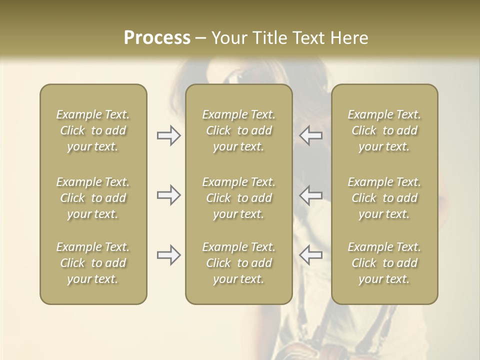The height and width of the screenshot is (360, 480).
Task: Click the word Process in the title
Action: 157,38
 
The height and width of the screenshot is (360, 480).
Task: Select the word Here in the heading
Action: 349,38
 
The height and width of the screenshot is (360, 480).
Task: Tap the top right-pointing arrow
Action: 168,135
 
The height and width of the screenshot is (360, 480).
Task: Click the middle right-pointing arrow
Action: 168,195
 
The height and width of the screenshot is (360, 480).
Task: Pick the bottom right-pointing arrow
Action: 168,255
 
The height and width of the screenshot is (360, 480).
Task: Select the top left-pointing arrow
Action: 311,135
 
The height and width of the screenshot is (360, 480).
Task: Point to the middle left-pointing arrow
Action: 311,195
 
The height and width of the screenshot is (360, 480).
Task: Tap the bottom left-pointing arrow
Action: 311,255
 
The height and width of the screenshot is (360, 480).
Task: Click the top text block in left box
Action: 93,130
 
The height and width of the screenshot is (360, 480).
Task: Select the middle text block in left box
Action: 93,198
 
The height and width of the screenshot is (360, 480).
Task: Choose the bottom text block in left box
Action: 93,263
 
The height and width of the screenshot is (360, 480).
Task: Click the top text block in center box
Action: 238,130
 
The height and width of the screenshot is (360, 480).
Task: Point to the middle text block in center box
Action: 238,198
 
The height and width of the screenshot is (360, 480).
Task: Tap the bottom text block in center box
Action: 238,263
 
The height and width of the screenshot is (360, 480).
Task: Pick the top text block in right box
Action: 384,130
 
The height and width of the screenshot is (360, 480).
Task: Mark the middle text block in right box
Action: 384,198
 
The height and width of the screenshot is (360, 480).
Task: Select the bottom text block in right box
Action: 384,263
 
